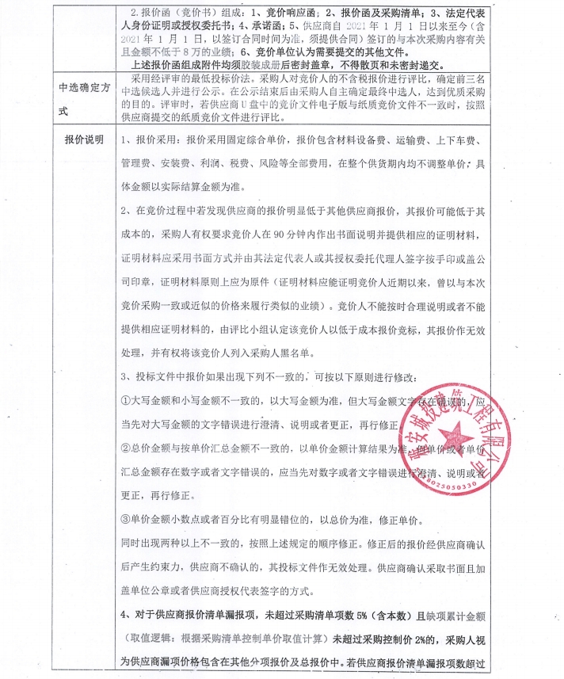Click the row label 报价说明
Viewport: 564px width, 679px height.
point(84,140)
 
